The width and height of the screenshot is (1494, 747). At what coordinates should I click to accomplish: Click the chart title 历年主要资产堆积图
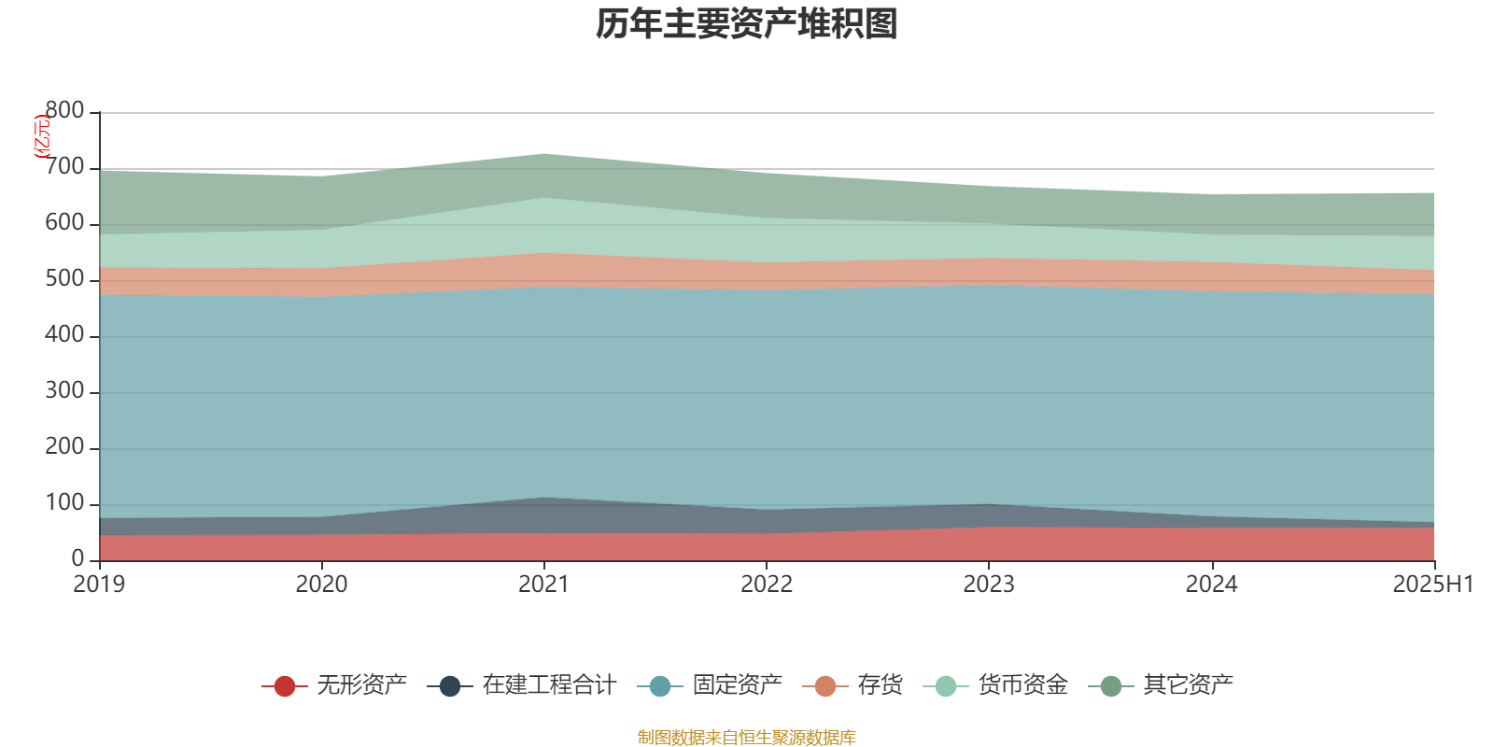tap(747, 24)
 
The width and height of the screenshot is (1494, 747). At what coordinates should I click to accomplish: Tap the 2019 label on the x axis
tap(99, 585)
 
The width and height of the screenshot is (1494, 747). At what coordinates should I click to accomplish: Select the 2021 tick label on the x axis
tap(543, 585)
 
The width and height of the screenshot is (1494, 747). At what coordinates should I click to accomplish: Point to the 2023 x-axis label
tap(989, 585)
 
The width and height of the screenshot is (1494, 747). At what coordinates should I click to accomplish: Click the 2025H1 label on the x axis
tap(1432, 585)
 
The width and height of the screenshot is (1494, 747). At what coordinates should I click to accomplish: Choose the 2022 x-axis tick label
tap(766, 585)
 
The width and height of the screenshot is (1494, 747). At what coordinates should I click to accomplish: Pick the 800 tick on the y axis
tap(64, 111)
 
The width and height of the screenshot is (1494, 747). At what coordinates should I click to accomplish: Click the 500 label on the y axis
tap(64, 279)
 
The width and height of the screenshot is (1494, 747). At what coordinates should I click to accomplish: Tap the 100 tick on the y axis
tap(64, 503)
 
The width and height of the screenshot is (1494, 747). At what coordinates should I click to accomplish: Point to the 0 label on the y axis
tap(78, 558)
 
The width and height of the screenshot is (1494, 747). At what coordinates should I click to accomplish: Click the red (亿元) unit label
tap(41, 137)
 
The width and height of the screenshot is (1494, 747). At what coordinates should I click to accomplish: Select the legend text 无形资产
tap(362, 685)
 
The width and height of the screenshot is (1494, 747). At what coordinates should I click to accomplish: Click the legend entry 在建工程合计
tap(549, 685)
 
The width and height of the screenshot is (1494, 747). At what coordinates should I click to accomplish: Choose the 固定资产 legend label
tap(738, 685)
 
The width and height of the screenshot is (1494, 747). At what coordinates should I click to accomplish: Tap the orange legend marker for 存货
tap(825, 686)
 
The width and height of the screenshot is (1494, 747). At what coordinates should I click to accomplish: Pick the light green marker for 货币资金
tap(945, 686)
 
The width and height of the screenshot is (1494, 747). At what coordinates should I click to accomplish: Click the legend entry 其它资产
tap(1188, 685)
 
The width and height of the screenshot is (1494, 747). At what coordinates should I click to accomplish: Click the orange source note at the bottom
tap(747, 738)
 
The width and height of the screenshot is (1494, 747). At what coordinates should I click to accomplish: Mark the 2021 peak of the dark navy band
tap(544, 499)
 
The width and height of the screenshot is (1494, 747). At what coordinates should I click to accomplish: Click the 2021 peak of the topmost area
tap(544, 154)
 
